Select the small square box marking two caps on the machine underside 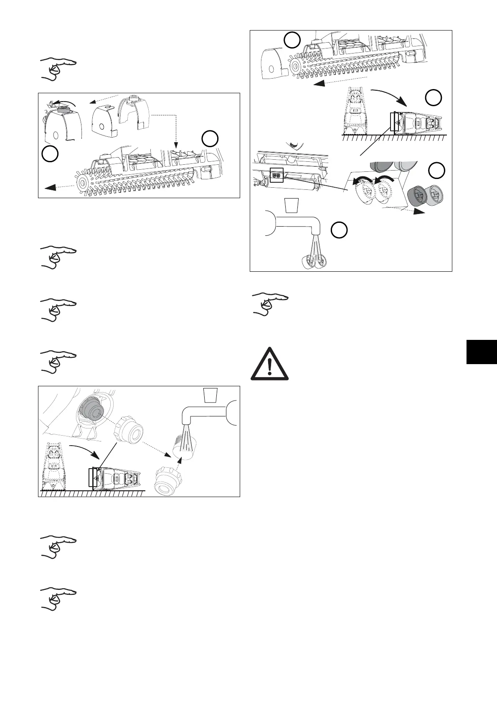tap(276, 175)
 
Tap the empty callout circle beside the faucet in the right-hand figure tap(339, 230)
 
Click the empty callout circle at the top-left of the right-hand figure tap(292, 41)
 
